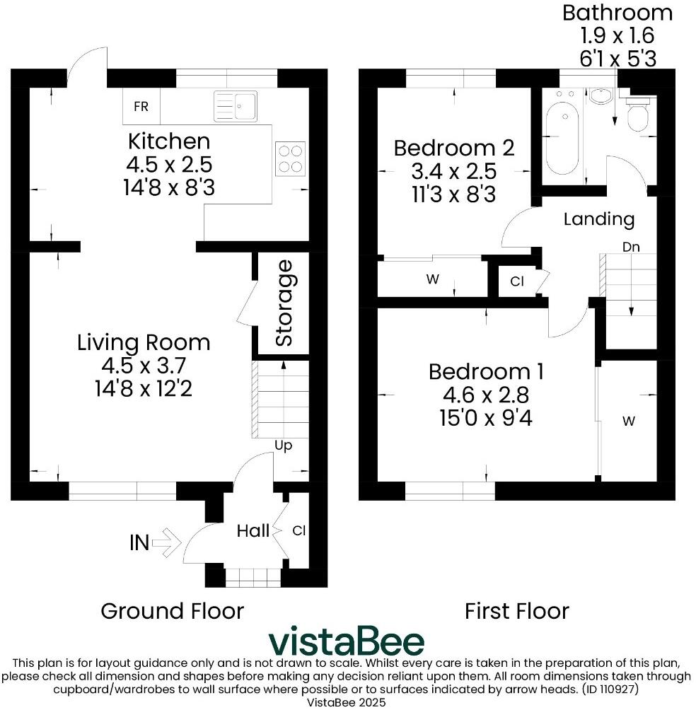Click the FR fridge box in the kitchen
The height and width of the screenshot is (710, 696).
tap(141, 107)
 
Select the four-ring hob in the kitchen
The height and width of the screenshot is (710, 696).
tap(291, 158)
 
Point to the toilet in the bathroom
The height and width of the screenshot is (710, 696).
tap(639, 115)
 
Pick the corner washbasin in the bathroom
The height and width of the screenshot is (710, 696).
tap(602, 97)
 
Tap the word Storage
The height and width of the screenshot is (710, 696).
tap(284, 303)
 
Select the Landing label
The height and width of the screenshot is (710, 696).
tap(598, 219)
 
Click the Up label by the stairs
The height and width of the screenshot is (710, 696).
tap(283, 446)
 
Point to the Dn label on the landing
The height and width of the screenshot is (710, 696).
tap(632, 247)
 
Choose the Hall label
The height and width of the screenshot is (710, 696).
tap(253, 530)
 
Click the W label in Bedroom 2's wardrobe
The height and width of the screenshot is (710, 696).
tap(433, 279)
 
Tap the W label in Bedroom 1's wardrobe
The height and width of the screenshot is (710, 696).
tap(628, 421)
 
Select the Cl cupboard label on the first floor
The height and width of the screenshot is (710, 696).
tap(517, 281)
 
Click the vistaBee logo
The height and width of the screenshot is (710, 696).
tap(347, 641)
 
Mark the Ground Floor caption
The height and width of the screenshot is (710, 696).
tap(172, 610)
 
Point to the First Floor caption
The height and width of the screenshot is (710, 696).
tap(516, 610)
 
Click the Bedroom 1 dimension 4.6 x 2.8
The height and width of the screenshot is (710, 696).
tap(487, 395)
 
